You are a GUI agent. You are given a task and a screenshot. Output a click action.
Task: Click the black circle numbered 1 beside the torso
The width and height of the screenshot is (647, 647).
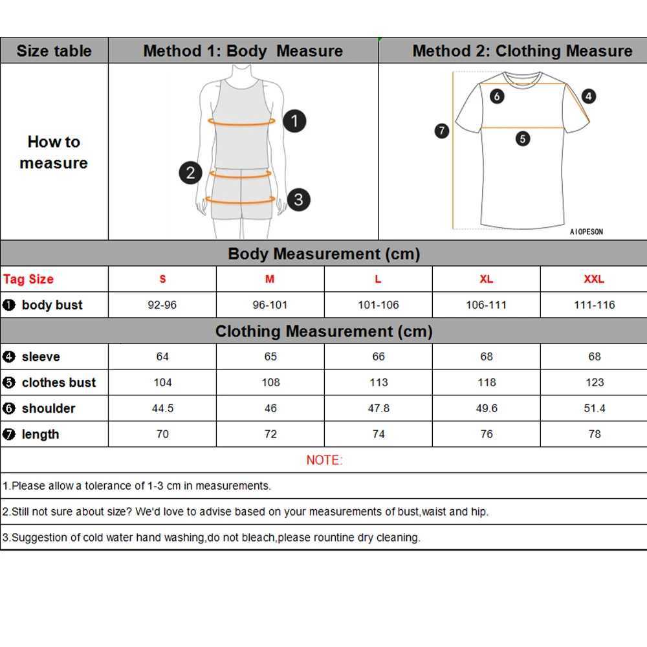point(294,121)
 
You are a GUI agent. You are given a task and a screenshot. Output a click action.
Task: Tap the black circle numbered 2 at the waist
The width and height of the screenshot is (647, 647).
point(190,172)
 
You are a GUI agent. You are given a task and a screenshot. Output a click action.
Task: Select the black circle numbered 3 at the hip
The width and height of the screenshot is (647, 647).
point(298,199)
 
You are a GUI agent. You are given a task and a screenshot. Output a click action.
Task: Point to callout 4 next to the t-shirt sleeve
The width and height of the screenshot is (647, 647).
point(588,96)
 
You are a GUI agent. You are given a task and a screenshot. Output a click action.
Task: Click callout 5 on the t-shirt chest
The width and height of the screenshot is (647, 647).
point(523,138)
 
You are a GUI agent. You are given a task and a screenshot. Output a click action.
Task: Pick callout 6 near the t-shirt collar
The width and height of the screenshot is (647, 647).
point(497,97)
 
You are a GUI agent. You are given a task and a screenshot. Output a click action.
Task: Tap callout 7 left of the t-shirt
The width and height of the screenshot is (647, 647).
point(442,131)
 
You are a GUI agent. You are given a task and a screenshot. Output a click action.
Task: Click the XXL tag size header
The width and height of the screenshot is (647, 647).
point(594,279)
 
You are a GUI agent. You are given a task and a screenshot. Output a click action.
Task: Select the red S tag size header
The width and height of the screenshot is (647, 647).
point(162,279)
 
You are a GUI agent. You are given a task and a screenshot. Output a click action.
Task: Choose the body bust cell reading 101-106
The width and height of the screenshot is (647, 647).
point(378,305)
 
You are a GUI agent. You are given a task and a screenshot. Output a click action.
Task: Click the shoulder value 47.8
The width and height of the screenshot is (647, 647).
point(378,408)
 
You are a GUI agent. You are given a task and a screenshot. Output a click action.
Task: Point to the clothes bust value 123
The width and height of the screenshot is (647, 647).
point(594,382)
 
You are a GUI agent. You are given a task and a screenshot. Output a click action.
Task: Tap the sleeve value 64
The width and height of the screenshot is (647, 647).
point(162,356)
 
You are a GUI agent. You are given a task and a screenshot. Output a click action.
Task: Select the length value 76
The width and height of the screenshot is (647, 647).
point(487,434)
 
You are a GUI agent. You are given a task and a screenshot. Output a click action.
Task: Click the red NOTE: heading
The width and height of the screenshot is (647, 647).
point(324,460)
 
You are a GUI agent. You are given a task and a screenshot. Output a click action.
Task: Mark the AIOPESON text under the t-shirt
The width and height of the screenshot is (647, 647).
point(586,232)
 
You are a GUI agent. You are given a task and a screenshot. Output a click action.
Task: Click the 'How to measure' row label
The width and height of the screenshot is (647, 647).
point(54,152)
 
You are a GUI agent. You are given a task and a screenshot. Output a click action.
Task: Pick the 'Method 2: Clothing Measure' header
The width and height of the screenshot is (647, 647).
point(522,51)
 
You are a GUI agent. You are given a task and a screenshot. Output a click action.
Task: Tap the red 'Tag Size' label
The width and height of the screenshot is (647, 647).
point(28,280)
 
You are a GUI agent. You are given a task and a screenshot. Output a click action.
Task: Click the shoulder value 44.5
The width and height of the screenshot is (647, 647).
point(162,408)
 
